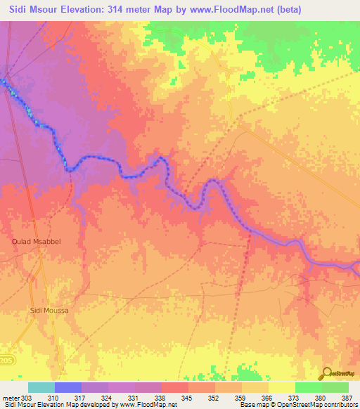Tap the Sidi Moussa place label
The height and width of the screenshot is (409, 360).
[50, 310]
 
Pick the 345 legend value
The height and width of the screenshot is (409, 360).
[188, 398]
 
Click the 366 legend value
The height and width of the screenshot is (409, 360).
[268, 398]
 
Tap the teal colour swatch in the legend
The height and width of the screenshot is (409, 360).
[41, 387]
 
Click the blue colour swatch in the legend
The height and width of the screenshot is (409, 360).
[67, 387]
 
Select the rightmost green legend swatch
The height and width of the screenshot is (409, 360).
[335, 387]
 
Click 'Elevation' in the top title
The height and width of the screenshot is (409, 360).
[91, 9]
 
